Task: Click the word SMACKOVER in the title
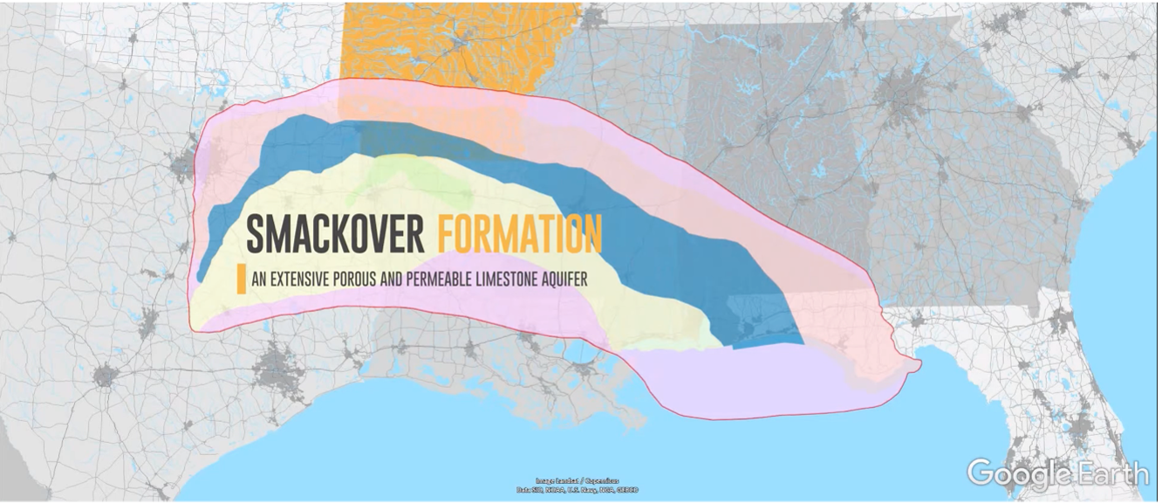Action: tap(335, 234)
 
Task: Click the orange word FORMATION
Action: tap(519, 234)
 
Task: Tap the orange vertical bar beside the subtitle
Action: tap(241, 279)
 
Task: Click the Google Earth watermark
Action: tap(1057, 473)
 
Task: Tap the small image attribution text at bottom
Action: tap(577, 486)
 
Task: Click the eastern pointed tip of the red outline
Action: tap(919, 363)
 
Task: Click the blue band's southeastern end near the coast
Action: tap(768, 336)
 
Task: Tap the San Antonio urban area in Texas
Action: tap(105, 376)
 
